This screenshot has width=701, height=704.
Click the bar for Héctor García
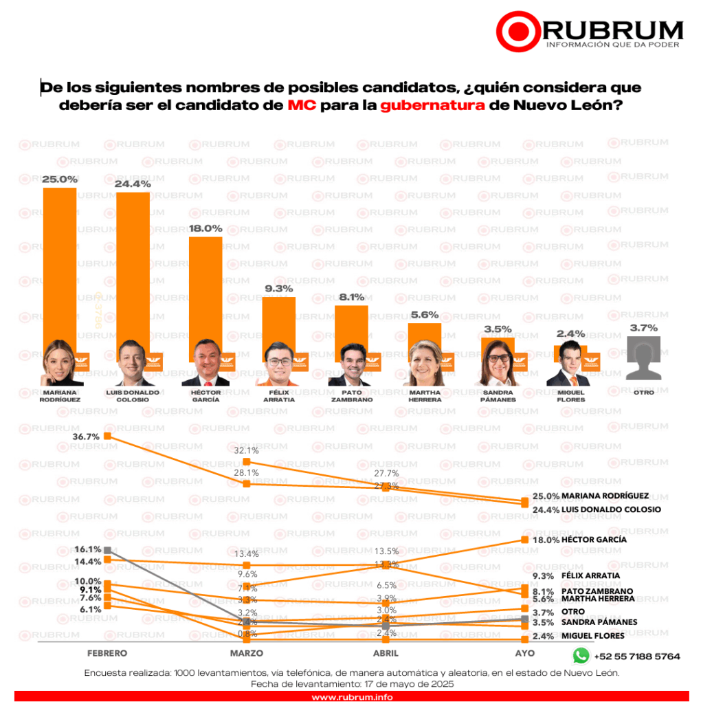tap(205, 289)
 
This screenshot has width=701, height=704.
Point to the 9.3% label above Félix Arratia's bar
tap(278, 289)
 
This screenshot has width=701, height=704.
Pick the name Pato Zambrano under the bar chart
tap(350, 395)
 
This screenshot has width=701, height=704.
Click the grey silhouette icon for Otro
tap(643, 358)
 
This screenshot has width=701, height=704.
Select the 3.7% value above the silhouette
tap(643, 328)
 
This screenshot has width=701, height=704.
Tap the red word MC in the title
tap(302, 107)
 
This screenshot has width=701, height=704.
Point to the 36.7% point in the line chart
tap(107, 437)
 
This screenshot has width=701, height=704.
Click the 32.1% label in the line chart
tap(245, 450)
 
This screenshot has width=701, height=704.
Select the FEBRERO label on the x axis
tap(107, 652)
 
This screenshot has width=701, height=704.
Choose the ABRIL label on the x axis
tap(386, 652)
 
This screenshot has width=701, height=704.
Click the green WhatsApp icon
tap(581, 656)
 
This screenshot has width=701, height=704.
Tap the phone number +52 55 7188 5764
tap(637, 657)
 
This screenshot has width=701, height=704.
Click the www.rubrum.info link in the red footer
tap(350, 697)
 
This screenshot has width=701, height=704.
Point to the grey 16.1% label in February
tap(89, 549)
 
